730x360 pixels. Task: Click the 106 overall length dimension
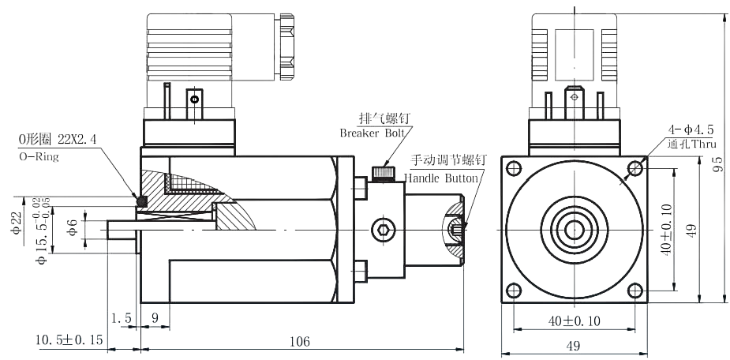click(299, 341)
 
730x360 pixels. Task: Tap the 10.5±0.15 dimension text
click(69, 340)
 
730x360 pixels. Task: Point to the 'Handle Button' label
click(441, 178)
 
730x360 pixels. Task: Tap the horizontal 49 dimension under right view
click(574, 345)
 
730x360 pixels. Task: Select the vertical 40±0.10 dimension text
click(668, 229)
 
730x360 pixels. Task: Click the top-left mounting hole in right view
click(515, 167)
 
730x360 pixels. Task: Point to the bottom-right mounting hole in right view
click(635, 288)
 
